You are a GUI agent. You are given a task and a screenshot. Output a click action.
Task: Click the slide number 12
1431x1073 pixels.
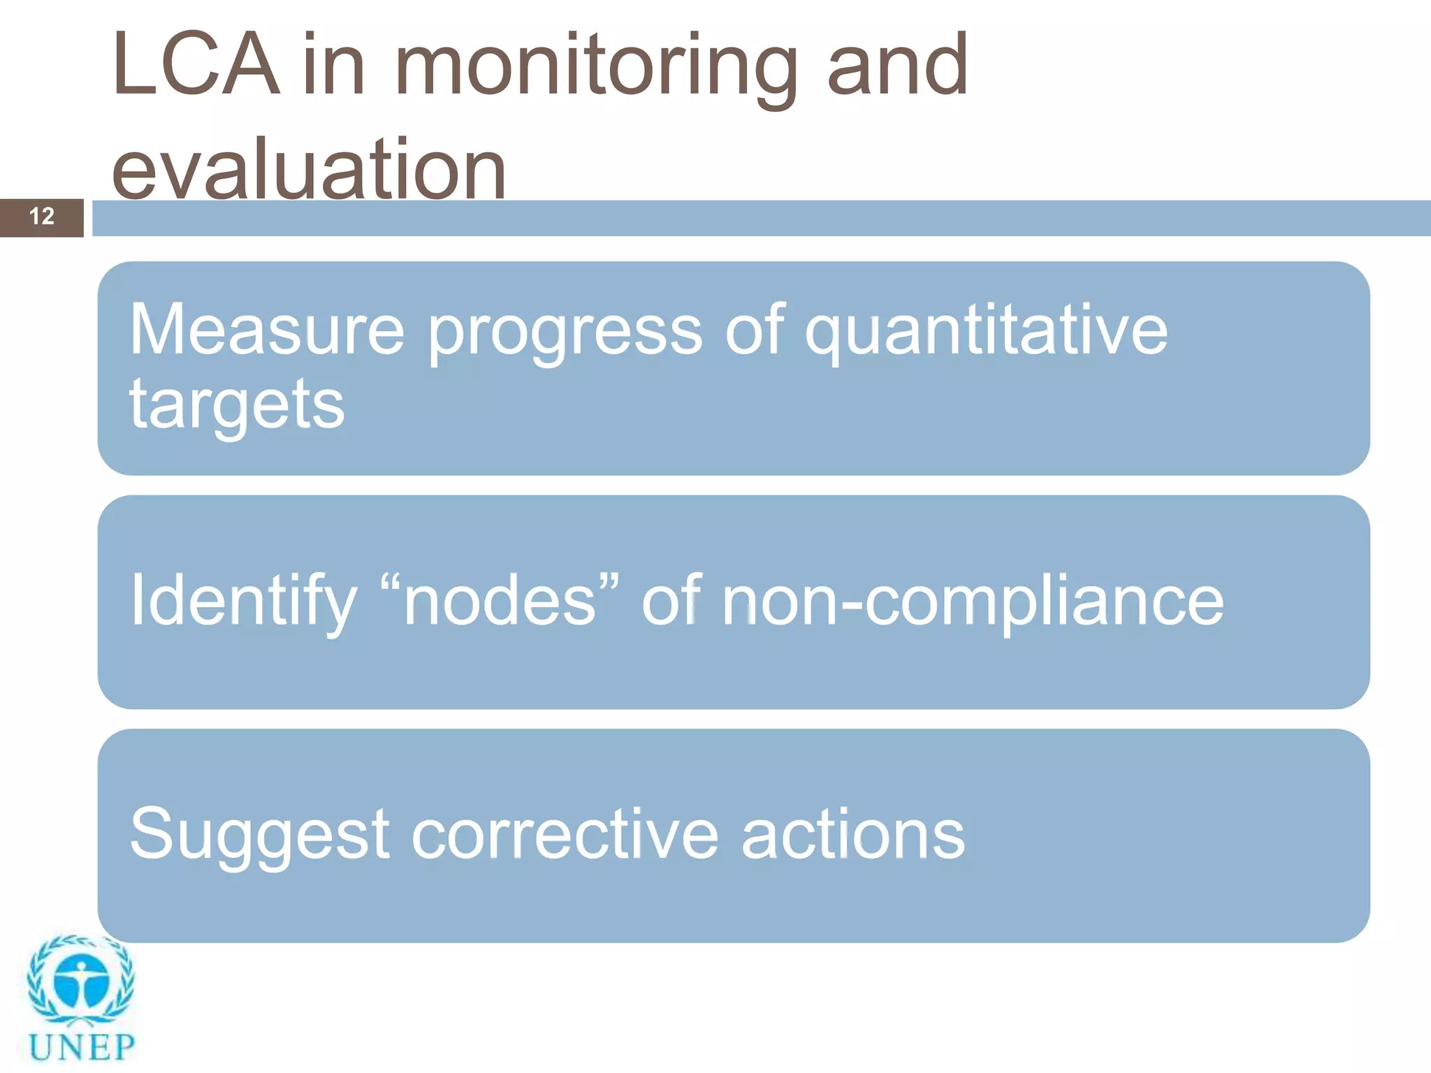42,217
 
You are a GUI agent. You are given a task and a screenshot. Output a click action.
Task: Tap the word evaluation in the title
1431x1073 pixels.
308,170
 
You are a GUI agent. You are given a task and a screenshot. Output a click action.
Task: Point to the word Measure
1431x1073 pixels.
267,330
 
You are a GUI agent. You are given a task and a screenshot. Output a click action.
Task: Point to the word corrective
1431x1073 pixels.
565,834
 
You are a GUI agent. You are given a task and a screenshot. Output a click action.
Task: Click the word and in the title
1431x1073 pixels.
897,66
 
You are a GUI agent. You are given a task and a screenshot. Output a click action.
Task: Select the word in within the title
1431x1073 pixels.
334,66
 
